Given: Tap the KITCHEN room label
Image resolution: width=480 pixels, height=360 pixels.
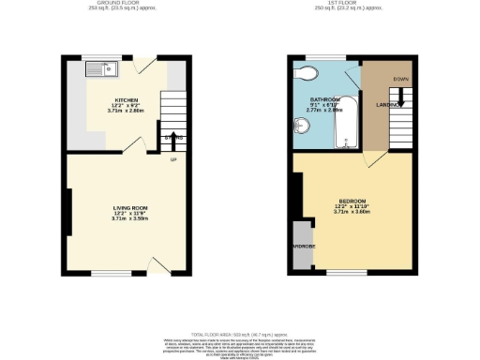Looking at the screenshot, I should point(127,98).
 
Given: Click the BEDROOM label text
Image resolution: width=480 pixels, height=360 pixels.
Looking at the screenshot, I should point(352,201).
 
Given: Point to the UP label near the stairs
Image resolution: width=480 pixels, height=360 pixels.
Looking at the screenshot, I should point(172,158).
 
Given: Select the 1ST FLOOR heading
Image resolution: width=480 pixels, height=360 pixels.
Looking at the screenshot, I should point(349,4).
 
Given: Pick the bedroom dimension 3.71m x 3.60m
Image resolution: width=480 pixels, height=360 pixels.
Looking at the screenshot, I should point(352,212).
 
